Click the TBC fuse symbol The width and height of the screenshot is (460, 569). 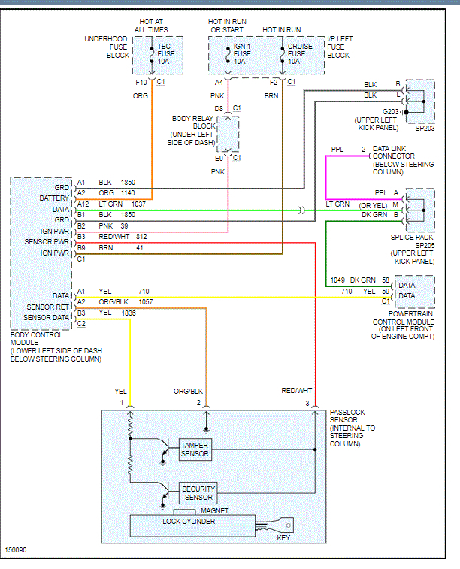click(153, 56)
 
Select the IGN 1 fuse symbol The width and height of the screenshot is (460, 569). click(228, 56)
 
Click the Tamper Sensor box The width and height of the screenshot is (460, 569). click(195, 449)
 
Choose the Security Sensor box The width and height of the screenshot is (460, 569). click(198, 493)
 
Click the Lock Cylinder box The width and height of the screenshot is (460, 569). click(189, 522)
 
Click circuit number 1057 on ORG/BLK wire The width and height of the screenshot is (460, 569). click(147, 301)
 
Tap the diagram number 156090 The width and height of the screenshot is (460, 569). click(16, 549)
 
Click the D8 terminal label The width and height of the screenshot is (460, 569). click(219, 109)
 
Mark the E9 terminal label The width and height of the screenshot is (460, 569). click(219, 158)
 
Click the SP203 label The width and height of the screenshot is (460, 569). click(425, 129)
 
